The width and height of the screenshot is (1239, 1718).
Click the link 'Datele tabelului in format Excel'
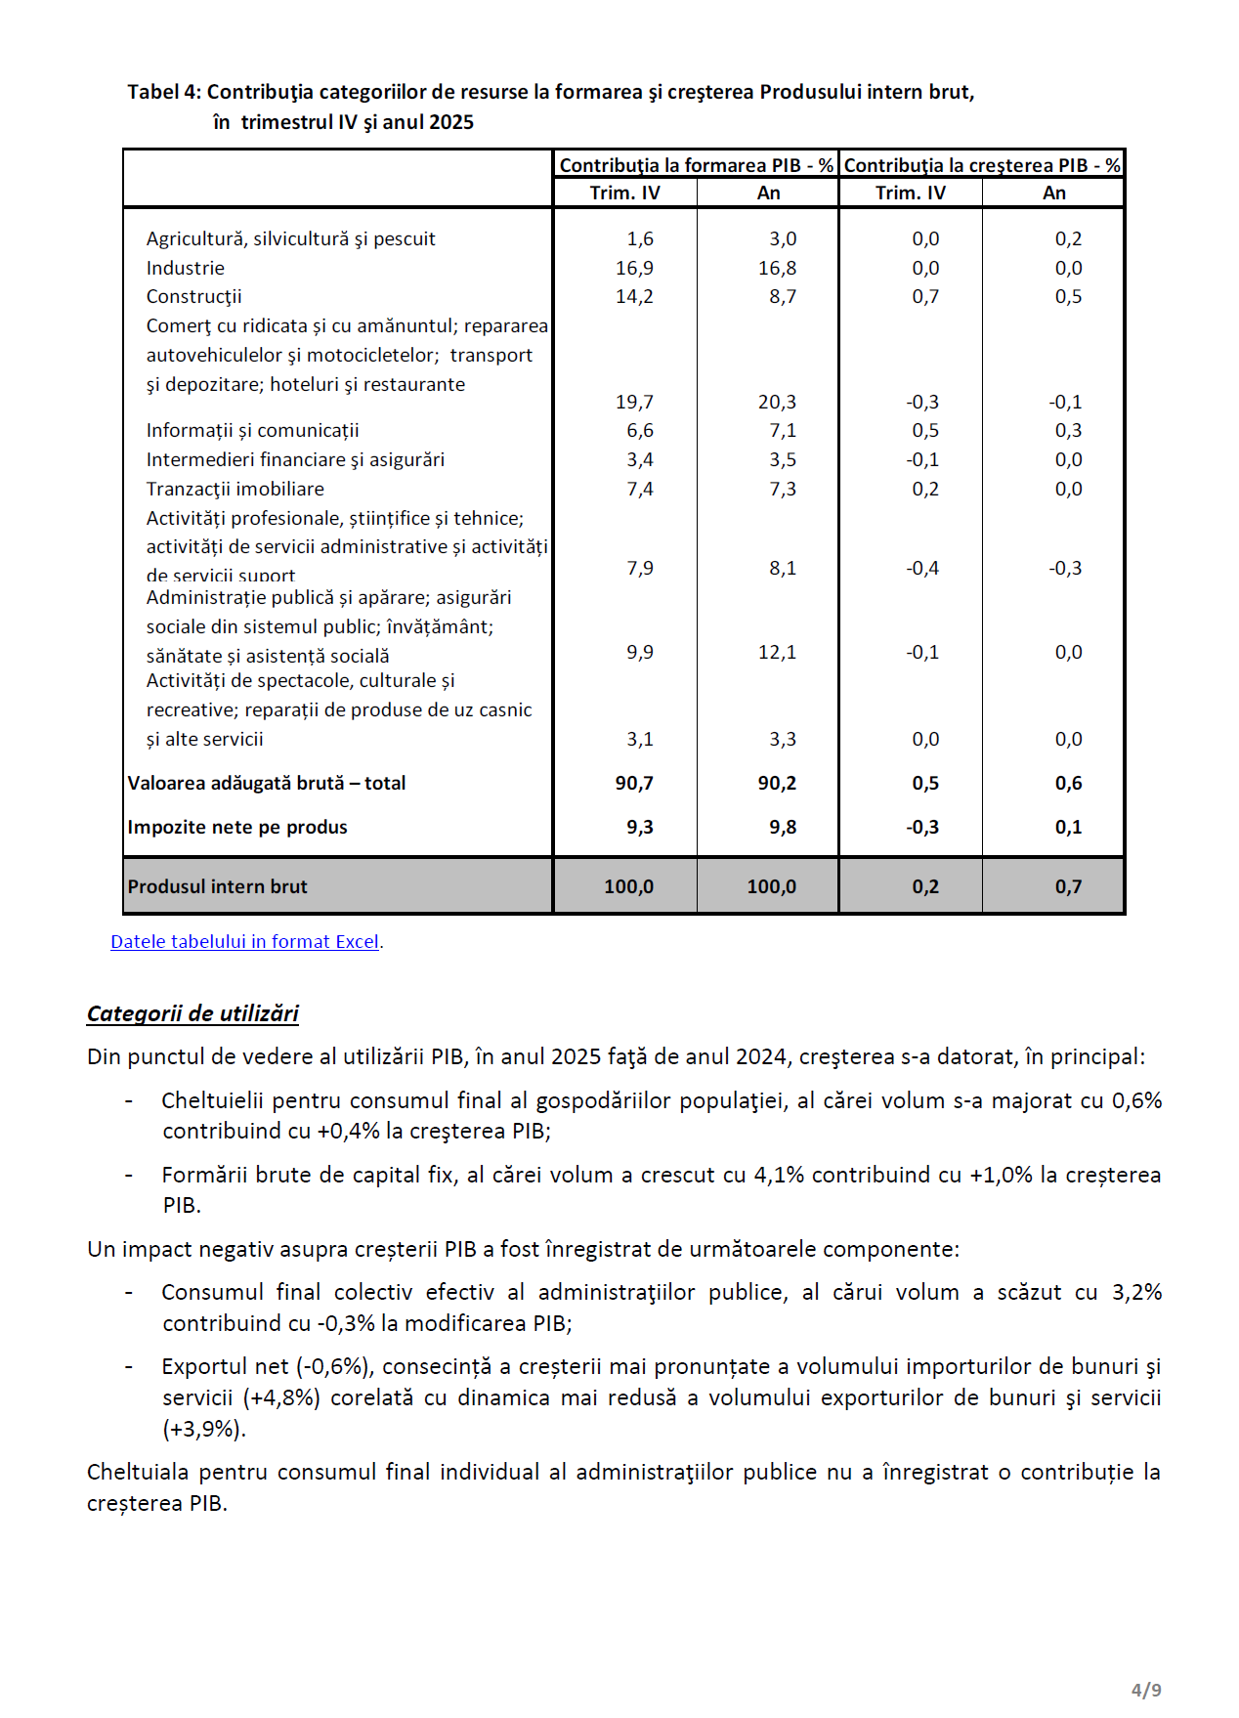coord(244,942)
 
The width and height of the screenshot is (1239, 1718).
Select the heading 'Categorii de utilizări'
coord(192,1013)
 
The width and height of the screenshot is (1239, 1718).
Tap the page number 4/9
coord(1146,1690)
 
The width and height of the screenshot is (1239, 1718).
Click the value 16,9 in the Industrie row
coord(634,268)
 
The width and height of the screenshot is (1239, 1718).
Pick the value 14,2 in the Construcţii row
coord(634,296)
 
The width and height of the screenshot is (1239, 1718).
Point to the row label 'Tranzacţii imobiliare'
coord(235,489)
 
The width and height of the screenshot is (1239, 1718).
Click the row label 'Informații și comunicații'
coord(252,430)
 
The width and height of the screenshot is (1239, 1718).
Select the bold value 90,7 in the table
coord(634,783)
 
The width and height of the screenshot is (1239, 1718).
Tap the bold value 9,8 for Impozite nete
coord(782,827)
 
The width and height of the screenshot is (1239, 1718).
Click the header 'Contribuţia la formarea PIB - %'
coord(696,165)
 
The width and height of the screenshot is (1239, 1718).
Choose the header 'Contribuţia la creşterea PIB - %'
coord(981,165)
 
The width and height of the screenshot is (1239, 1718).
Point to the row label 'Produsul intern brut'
coord(217,886)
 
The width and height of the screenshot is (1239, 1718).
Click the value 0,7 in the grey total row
coord(1068,886)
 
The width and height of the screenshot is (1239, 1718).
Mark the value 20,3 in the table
coord(777,402)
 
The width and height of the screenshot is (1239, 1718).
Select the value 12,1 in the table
coord(777,652)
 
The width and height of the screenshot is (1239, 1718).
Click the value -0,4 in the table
coord(921,568)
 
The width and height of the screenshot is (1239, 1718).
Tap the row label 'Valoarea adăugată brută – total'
coord(266,783)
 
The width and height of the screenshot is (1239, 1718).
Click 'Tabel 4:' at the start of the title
coord(164,92)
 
